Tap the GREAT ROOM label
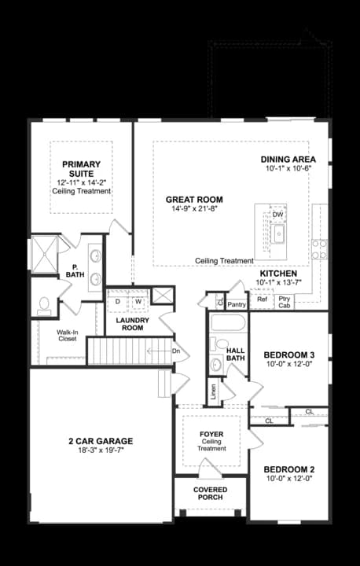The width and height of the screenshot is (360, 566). tap(194, 199)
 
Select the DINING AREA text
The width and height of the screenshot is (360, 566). tap(288, 159)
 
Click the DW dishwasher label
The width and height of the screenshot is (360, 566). tap(277, 215)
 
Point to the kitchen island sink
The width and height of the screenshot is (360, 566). tap(277, 233)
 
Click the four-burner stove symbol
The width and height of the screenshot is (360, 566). tap(319, 249)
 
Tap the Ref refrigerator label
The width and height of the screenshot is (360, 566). tap(263, 300)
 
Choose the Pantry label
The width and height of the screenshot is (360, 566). tap(236, 303)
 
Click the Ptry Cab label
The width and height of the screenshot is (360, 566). tap(284, 302)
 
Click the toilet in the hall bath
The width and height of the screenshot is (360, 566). tap(215, 364)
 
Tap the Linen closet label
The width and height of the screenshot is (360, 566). tap(213, 391)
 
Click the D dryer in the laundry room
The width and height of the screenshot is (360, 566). tap(118, 301)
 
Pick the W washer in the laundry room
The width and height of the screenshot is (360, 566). tap(138, 301)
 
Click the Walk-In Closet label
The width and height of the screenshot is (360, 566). tap(67, 336)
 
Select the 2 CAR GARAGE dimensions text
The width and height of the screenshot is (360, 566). tap(101, 451)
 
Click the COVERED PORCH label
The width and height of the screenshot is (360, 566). tap(210, 494)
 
